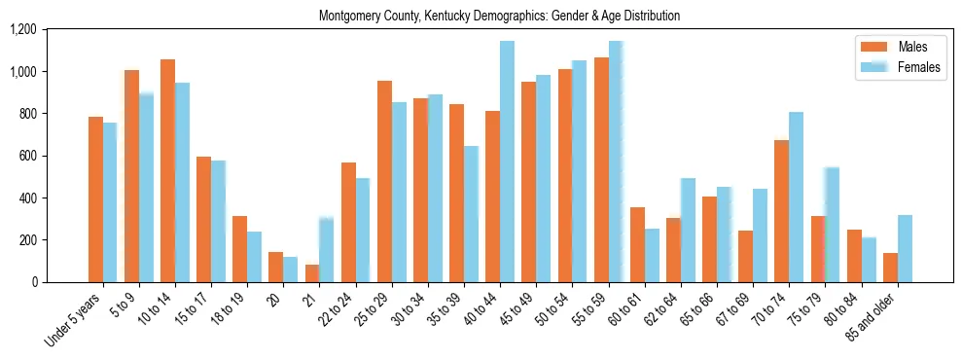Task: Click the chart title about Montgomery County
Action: (499, 17)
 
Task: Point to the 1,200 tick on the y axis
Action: (49, 30)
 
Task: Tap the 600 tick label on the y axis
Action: (53, 157)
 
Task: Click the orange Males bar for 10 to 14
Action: (167, 170)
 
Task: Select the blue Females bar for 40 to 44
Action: (507, 162)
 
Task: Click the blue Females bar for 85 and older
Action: (905, 248)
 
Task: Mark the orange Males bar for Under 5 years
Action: (95, 199)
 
